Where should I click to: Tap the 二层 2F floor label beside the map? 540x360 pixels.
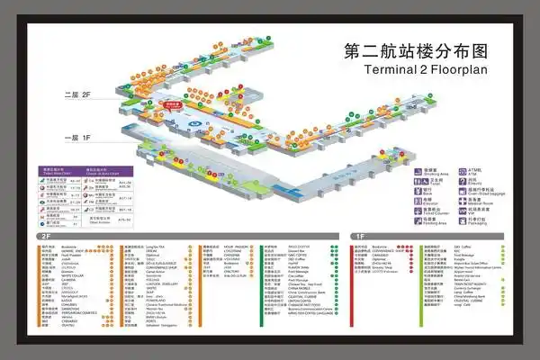click(78, 94)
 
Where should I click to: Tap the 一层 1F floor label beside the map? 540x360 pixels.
click(78, 139)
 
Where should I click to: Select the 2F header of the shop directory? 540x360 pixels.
click(45, 236)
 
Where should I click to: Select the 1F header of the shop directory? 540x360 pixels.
click(360, 236)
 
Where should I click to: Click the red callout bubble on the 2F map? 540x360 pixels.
click(175, 105)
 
